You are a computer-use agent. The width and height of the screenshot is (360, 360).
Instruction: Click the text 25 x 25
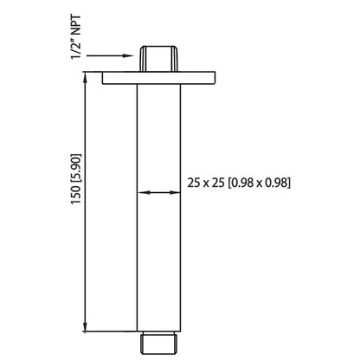pos(206,183)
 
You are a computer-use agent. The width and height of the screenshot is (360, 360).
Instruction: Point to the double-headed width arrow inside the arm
pos(157,194)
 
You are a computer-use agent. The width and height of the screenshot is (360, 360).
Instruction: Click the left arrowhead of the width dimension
pos(143,194)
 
